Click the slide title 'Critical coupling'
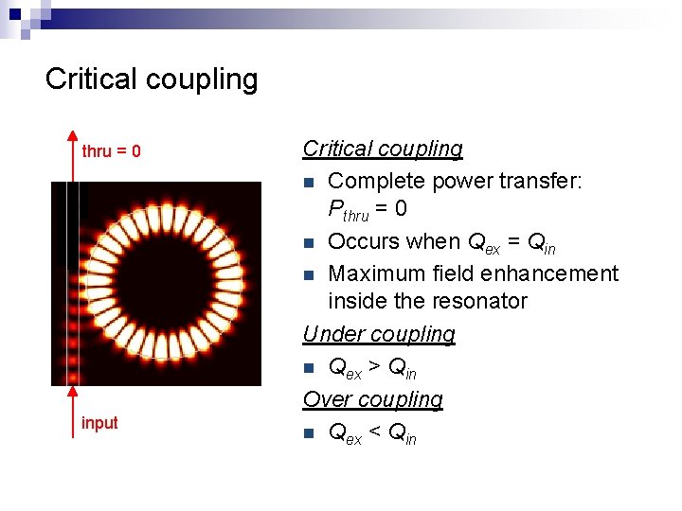pos(152,79)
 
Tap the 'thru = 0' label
pos(112,151)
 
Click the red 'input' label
pos(99,423)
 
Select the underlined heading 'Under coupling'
pos(379,334)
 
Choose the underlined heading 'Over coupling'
pos(372,399)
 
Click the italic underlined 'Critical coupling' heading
pos(383,149)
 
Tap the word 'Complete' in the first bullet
pos(372,180)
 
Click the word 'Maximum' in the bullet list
pos(372,274)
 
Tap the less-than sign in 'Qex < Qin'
pos(375,433)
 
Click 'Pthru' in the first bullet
pos(348,211)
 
